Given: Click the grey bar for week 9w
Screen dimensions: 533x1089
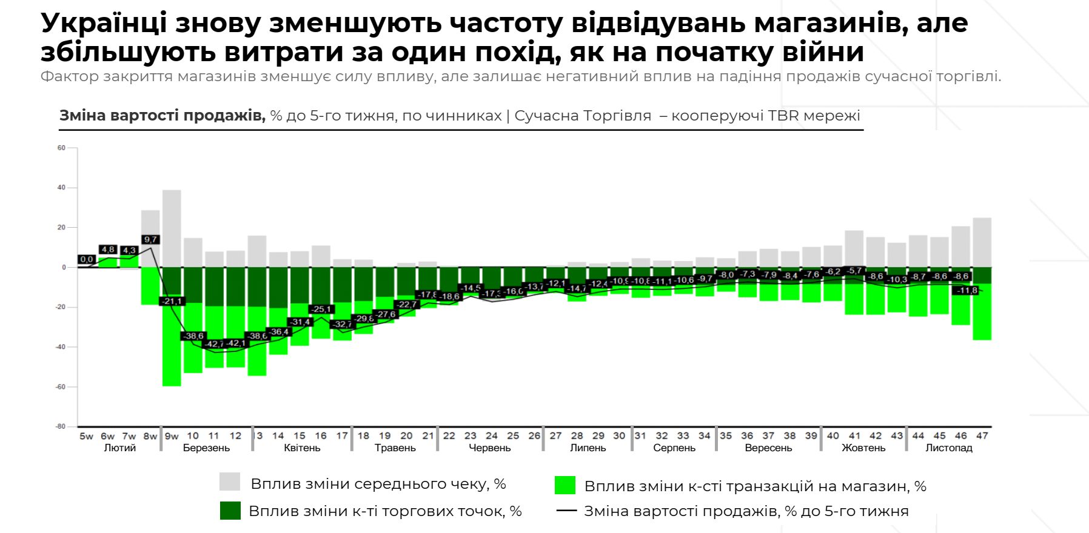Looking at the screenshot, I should pyautogui.click(x=172, y=228).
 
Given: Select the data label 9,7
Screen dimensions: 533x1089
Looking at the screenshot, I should pyautogui.click(x=150, y=239).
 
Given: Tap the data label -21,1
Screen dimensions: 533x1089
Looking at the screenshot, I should pyautogui.click(x=172, y=301).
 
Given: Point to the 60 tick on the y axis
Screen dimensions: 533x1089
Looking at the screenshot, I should pyautogui.click(x=61, y=148).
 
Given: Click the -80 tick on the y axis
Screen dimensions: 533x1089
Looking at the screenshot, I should pyautogui.click(x=61, y=426).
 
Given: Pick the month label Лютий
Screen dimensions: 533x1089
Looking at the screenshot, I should pyautogui.click(x=120, y=448).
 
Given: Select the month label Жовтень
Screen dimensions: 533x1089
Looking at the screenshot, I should pyautogui.click(x=863, y=448).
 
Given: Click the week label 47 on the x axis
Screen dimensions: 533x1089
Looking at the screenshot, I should pyautogui.click(x=982, y=435).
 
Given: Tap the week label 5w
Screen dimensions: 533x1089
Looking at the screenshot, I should pyautogui.click(x=86, y=436).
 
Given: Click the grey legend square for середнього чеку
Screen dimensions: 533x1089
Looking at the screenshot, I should pyautogui.click(x=230, y=482).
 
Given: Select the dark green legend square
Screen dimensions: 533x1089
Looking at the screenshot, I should pyautogui.click(x=230, y=511).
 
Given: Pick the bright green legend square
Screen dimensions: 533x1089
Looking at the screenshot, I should pyautogui.click(x=565, y=485).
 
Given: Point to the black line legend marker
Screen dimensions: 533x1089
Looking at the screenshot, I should pyautogui.click(x=566, y=511).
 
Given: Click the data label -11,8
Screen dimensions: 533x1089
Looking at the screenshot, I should pyautogui.click(x=967, y=291).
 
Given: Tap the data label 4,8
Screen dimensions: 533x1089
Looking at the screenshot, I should pyautogui.click(x=108, y=250).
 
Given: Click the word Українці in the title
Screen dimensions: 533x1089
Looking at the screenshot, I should pyautogui.click(x=104, y=23).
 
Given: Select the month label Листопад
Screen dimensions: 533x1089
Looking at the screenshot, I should pyautogui.click(x=949, y=448).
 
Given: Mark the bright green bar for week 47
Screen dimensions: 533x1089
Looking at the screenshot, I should pyautogui.click(x=982, y=312).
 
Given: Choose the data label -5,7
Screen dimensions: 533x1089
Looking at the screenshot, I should pyautogui.click(x=855, y=271).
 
